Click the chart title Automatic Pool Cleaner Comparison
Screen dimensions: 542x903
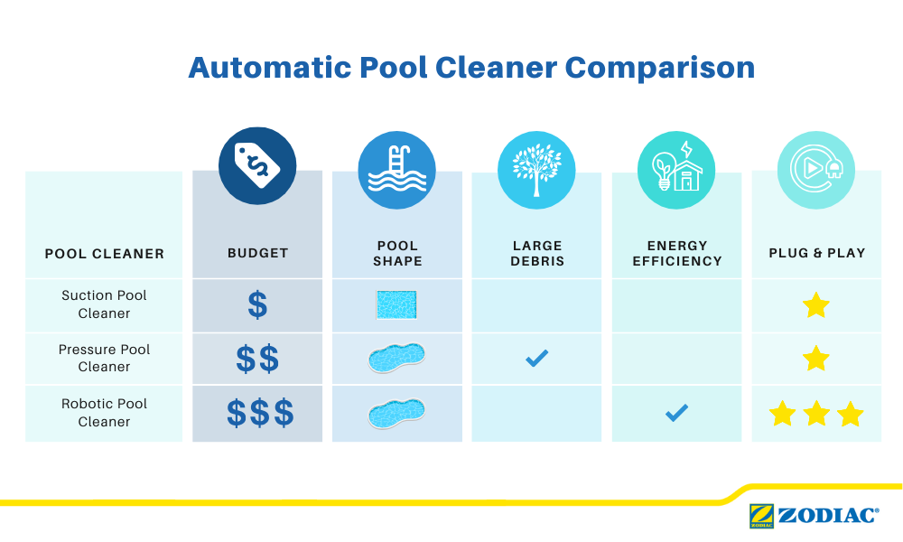tap(470, 68)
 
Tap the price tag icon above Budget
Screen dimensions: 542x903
tap(257, 166)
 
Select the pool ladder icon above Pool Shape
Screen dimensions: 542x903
tap(396, 170)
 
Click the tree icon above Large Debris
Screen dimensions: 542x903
tap(536, 170)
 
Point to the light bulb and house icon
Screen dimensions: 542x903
tap(676, 170)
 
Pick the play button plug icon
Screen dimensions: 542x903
tap(816, 170)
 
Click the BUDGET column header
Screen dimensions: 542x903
tap(257, 253)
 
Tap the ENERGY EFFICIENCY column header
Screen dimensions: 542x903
tap(677, 253)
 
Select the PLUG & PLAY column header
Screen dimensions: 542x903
tap(817, 253)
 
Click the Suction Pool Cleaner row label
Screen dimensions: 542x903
tap(104, 304)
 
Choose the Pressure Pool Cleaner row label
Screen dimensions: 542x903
tap(104, 358)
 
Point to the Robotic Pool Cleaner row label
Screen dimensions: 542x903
tap(104, 412)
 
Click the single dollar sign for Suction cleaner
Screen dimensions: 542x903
tap(257, 305)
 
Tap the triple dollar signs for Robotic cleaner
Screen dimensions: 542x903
tap(260, 414)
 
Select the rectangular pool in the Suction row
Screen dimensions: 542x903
tap(396, 304)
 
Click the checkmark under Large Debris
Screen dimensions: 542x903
tap(537, 359)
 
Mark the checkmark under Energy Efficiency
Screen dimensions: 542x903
tap(676, 413)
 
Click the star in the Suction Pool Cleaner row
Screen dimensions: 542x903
tap(816, 305)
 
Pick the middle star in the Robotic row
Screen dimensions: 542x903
tap(816, 414)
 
